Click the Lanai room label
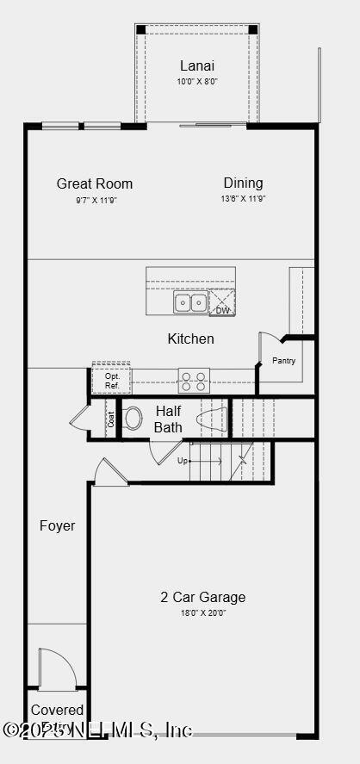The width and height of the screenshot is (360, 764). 197,65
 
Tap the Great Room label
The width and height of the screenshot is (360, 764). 95,183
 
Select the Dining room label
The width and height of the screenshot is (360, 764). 243,183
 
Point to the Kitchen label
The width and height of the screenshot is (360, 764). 190,339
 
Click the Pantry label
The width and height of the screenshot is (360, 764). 284,361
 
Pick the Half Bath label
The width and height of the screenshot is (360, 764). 169,419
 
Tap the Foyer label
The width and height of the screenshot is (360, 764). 57,525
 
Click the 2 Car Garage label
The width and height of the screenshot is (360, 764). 202,597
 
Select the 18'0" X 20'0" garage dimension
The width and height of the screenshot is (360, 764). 202,612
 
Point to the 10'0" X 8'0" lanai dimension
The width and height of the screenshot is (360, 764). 197,82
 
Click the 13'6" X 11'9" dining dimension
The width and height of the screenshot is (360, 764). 243,199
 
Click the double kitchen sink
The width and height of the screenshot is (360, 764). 190,302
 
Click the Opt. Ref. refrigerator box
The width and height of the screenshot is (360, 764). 112,381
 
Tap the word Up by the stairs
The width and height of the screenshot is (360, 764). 183,461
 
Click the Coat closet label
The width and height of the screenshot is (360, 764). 111,419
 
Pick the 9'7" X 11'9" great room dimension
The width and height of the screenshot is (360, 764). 95,200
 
